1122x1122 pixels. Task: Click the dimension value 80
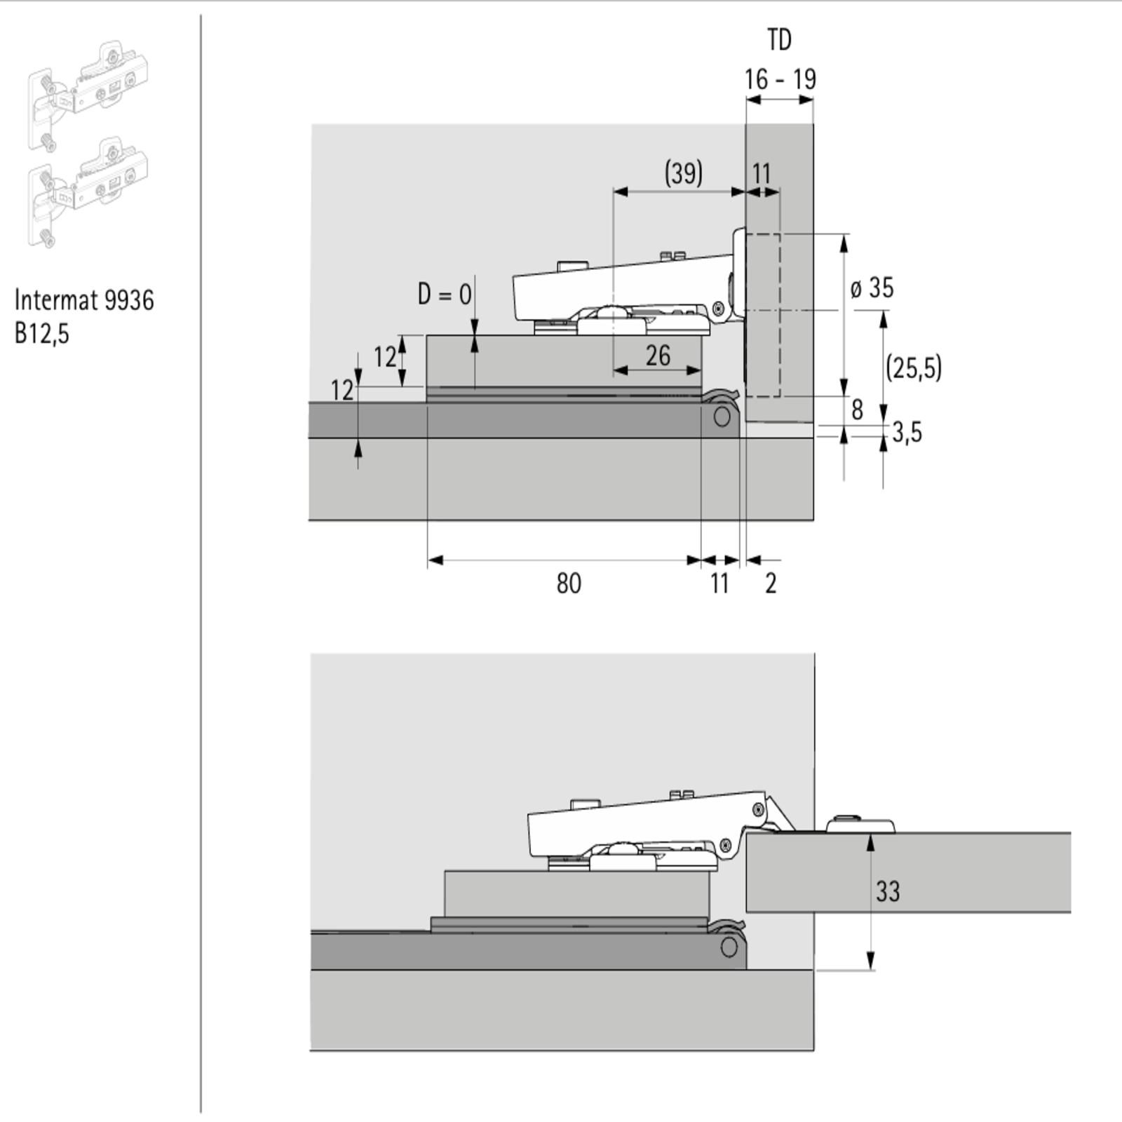tap(569, 583)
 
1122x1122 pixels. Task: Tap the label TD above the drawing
tap(779, 40)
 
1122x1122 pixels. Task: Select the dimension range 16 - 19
tap(780, 79)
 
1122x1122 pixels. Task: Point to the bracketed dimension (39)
tap(683, 173)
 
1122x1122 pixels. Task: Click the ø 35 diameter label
tap(872, 288)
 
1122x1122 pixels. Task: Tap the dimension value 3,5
tap(907, 433)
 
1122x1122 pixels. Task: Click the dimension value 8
tap(857, 410)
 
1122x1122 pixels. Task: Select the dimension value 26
tap(658, 356)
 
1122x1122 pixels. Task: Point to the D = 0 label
tap(445, 294)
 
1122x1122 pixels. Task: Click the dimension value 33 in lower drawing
tap(888, 891)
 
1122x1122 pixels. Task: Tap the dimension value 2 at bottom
tap(771, 583)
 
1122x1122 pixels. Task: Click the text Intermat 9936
tap(84, 300)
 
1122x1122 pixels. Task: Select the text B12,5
tap(42, 334)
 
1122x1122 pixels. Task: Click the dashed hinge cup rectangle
tap(762, 315)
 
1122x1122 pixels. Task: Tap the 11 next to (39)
tap(762, 174)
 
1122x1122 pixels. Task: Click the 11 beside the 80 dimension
tap(719, 583)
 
